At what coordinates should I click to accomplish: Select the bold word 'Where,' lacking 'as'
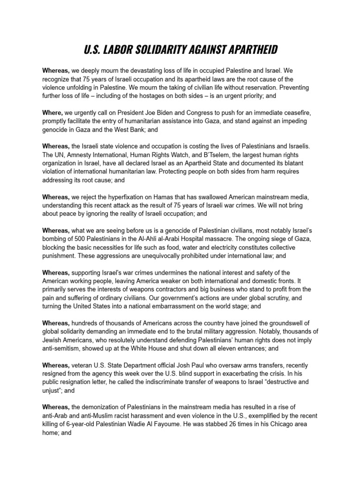(52, 112)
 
